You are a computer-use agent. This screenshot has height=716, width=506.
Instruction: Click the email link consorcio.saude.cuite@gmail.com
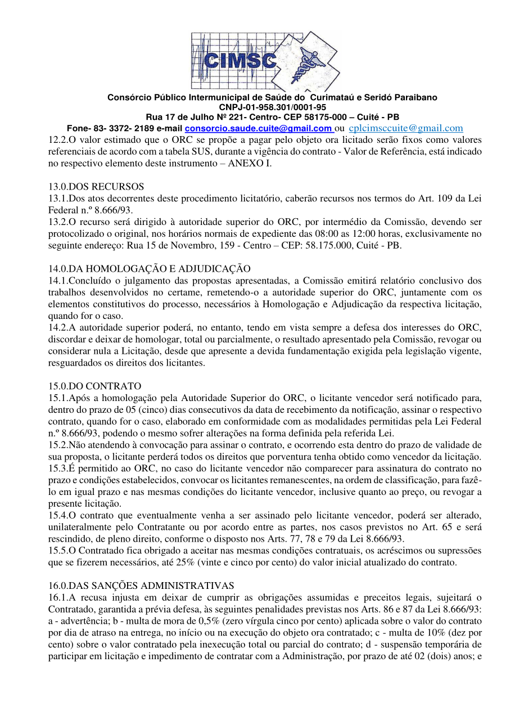pos(258,129)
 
